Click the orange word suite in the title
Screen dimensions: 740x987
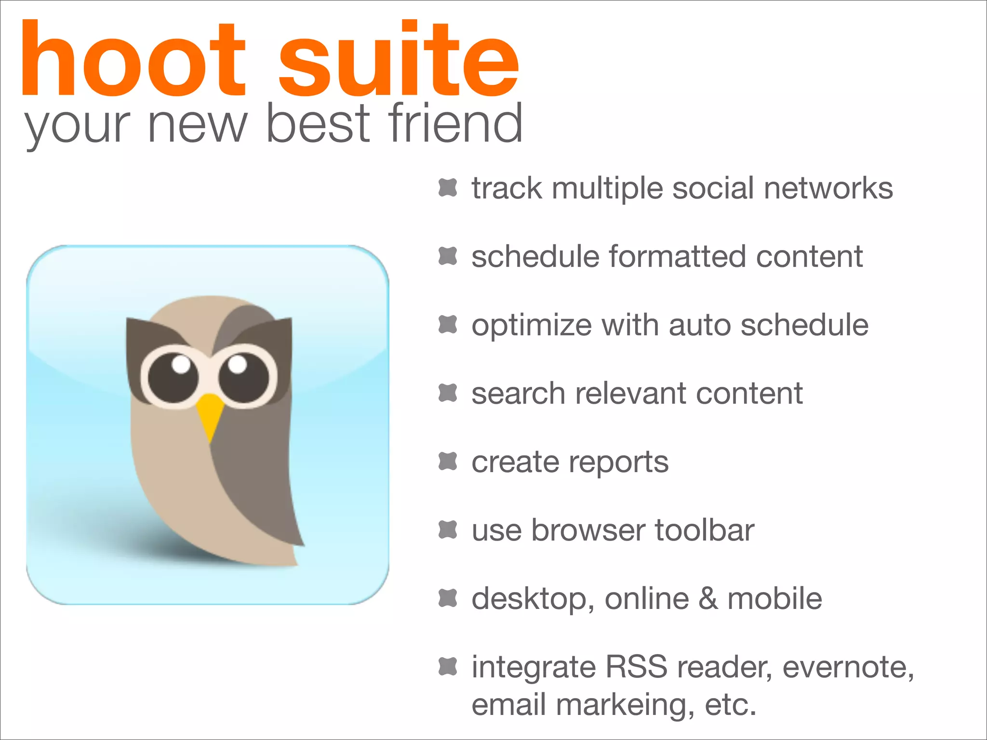click(399, 59)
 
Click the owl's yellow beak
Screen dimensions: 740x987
click(210, 414)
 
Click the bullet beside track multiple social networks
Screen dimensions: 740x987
click(448, 187)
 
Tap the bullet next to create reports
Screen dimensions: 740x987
click(448, 461)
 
